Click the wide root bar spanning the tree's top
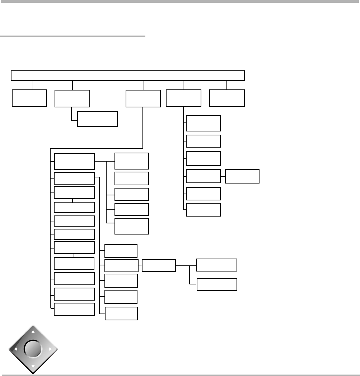coord(128,75)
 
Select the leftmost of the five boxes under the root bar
coord(29,98)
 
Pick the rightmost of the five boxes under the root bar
coord(227,98)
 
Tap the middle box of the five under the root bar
coord(143,98)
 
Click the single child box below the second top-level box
coord(97,119)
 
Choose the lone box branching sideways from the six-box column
coord(242,176)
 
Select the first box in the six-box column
coord(203,123)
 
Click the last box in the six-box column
coord(203,210)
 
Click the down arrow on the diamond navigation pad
coord(33,367)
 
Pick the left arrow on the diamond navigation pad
coord(15,349)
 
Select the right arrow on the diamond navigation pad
coord(51,349)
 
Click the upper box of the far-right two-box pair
coord(217,265)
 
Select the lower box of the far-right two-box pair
coord(217,284)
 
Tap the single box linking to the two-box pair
coord(159,265)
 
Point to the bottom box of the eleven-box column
coord(74,309)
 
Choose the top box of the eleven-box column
coord(74,161)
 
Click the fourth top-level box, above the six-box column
coord(183,98)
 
